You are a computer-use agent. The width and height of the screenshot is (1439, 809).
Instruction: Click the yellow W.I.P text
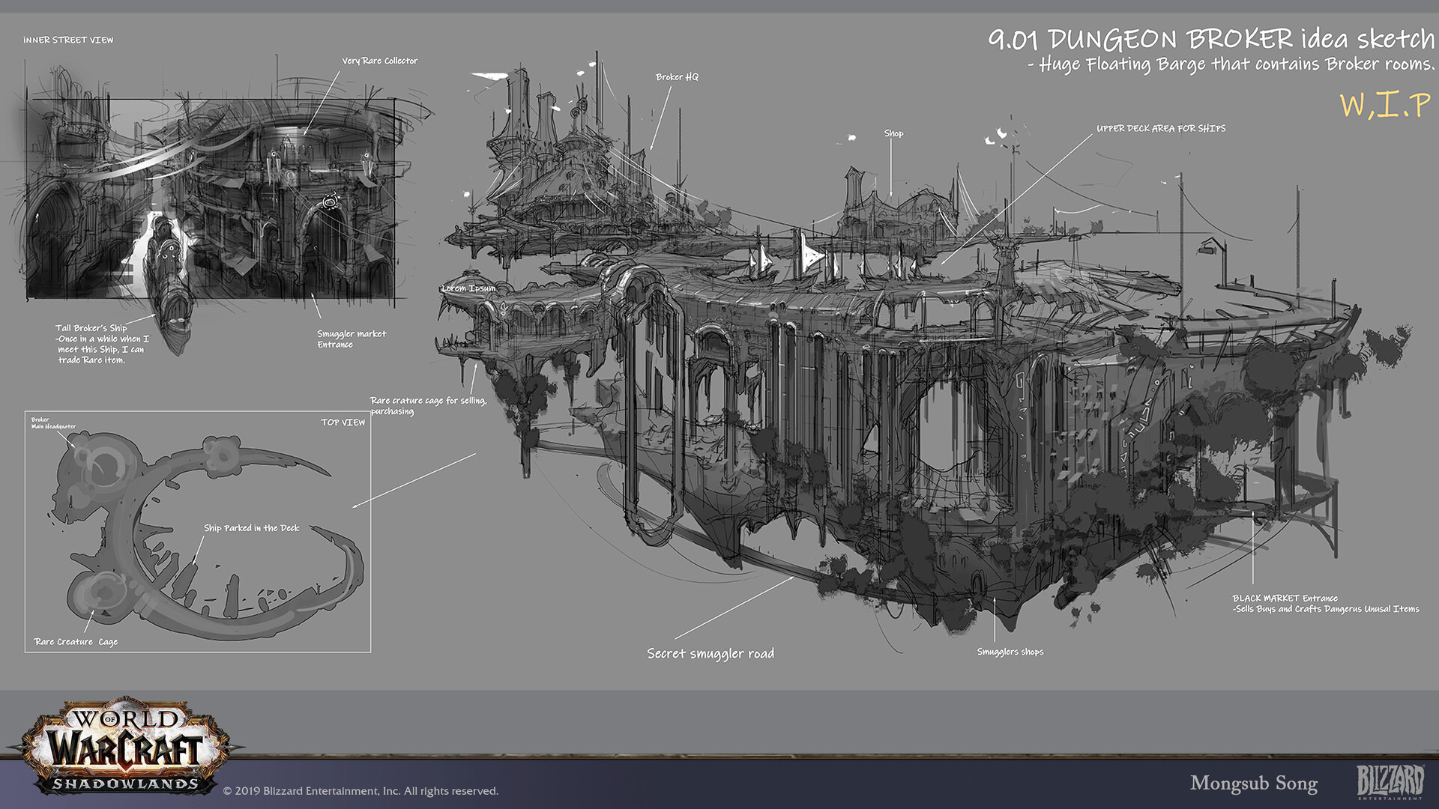click(1384, 105)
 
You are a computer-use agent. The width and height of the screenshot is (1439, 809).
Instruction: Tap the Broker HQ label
click(677, 77)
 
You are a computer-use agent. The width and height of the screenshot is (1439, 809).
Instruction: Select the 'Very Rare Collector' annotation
click(380, 61)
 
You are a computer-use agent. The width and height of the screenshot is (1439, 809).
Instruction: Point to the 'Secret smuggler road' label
click(711, 654)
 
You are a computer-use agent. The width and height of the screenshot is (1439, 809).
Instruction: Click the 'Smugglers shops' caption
click(1010, 652)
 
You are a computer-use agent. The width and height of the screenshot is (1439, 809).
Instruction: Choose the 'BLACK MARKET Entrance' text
click(1285, 599)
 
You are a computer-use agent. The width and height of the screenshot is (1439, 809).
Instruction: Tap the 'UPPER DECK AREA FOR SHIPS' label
click(1161, 129)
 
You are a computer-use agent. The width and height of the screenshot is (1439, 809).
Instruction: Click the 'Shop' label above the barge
click(893, 133)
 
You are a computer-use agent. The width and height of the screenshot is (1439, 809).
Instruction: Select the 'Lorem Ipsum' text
click(468, 288)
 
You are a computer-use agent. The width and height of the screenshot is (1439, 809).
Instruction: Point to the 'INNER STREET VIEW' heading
click(68, 40)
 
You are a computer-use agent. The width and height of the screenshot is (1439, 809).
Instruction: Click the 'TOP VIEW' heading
click(343, 422)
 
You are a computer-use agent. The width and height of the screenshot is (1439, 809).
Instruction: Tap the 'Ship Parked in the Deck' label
click(251, 528)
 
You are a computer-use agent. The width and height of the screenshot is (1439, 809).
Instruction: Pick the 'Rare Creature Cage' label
click(76, 642)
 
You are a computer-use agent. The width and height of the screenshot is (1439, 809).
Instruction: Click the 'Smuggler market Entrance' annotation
click(351, 339)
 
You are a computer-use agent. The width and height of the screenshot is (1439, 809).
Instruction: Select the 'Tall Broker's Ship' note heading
click(91, 328)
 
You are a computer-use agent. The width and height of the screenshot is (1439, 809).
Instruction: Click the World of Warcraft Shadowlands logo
click(125, 747)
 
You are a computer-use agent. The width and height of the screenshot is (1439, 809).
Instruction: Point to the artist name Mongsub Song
click(1253, 784)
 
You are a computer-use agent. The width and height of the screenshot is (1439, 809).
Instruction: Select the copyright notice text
click(360, 791)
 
